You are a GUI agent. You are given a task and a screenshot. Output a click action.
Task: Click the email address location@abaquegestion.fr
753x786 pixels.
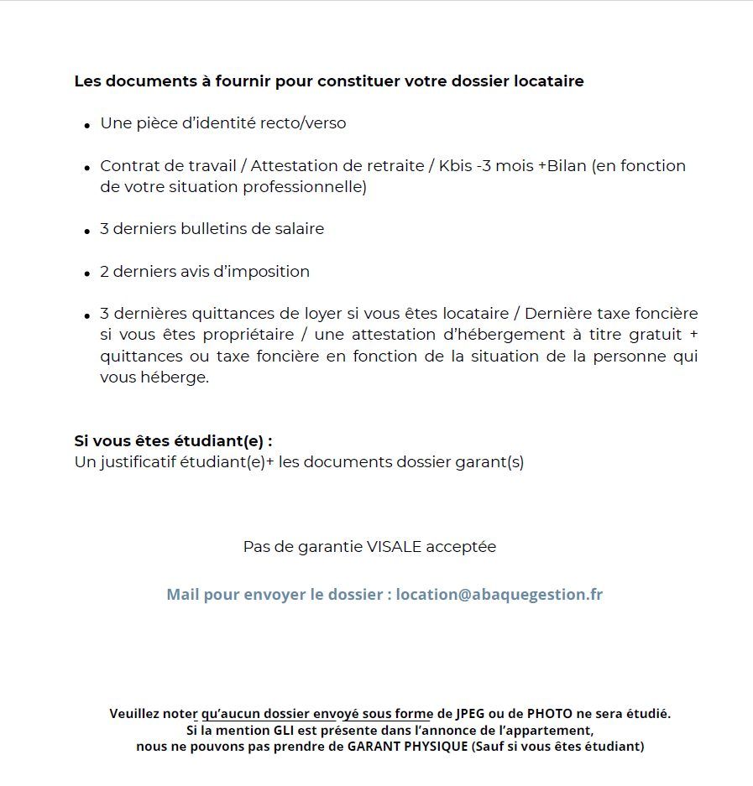[499, 595]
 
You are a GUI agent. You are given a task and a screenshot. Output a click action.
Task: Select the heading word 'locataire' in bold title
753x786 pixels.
[547, 81]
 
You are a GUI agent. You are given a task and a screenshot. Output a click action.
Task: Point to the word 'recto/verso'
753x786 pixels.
[303, 123]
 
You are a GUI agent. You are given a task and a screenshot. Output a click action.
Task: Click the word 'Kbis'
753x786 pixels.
[455, 166]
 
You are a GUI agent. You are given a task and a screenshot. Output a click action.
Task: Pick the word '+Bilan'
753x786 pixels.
[562, 166]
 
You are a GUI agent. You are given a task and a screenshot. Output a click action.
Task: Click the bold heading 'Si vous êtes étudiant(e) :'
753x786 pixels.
[173, 441]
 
